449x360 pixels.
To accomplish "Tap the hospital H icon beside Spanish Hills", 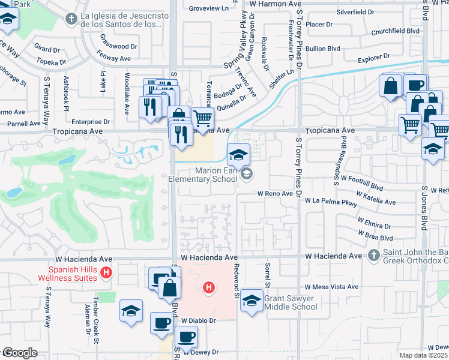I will click(106, 273).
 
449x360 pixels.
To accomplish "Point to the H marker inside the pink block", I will click(209, 288).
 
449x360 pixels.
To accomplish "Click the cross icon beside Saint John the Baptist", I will click(373, 256).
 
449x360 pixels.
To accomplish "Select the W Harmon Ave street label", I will click(271, 4).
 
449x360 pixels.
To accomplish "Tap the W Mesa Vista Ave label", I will click(331, 287).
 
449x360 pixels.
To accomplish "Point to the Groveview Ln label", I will click(209, 8).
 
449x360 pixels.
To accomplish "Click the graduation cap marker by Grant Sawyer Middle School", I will click(252, 302).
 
